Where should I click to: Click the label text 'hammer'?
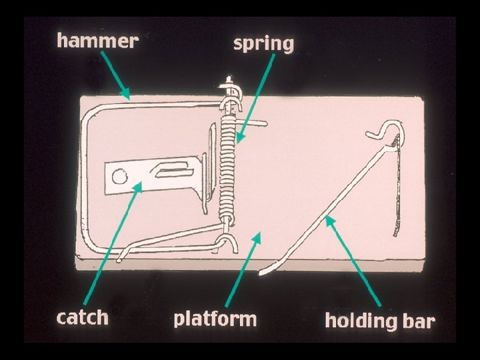[x=97, y=41]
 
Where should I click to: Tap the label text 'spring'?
[x=263, y=44]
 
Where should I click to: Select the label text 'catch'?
[x=82, y=317]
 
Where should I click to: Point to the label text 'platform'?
[x=215, y=318]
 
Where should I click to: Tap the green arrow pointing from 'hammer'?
[x=115, y=77]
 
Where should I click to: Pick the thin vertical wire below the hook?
[x=398, y=187]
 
